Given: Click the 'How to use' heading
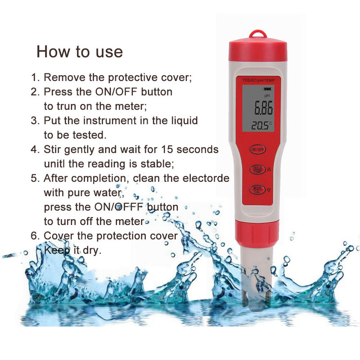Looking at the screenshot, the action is coord(80,51).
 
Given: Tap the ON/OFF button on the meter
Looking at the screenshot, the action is coord(257,149).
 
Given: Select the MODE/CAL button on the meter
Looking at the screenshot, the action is coord(257,190).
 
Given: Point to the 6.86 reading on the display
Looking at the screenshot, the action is coord(263,108).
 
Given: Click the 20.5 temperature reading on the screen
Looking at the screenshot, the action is coord(260,126).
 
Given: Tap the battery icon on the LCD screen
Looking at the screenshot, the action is coord(267,89).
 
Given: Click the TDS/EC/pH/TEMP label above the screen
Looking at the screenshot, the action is coord(258,80).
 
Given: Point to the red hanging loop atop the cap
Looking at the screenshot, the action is coord(258,35).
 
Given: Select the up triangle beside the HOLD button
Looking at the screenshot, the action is coord(269,169).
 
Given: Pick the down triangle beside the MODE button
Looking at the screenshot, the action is coord(269,190).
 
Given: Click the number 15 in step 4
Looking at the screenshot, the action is coord(167,149).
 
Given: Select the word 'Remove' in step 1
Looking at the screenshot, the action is coord(64,77).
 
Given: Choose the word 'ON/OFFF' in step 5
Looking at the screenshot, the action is coord(119,207).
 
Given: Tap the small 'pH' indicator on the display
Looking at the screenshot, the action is coord(267,95).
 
